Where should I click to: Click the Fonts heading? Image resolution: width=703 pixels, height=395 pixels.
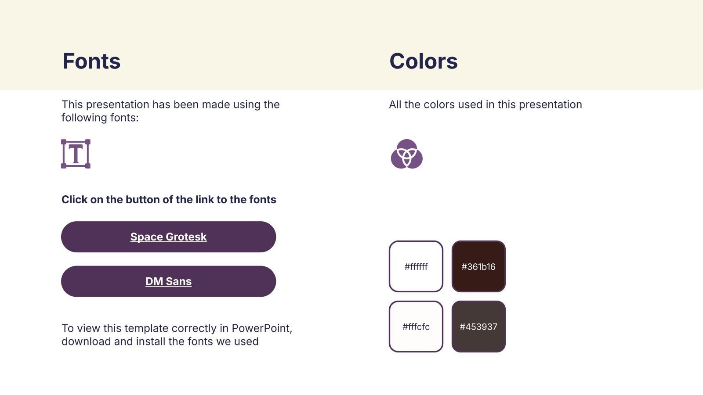[91, 61]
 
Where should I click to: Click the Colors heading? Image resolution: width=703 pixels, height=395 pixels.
[424, 61]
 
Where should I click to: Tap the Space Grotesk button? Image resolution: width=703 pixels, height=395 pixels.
[169, 237]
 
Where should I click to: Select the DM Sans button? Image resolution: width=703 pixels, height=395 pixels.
[169, 281]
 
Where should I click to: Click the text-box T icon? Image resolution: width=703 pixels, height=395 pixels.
[76, 154]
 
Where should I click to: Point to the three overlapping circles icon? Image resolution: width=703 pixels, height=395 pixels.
[407, 154]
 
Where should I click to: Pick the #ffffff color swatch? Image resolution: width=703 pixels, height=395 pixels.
[416, 266]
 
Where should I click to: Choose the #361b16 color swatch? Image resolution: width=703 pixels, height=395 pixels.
[478, 266]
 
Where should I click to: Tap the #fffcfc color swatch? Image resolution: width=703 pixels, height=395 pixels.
[416, 327]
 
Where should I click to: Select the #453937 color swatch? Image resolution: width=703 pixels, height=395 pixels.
[478, 327]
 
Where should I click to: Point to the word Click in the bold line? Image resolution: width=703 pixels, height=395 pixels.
[74, 199]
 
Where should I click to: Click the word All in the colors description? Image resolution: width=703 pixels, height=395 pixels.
[395, 104]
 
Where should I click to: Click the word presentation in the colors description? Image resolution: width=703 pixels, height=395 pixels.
[551, 105]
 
